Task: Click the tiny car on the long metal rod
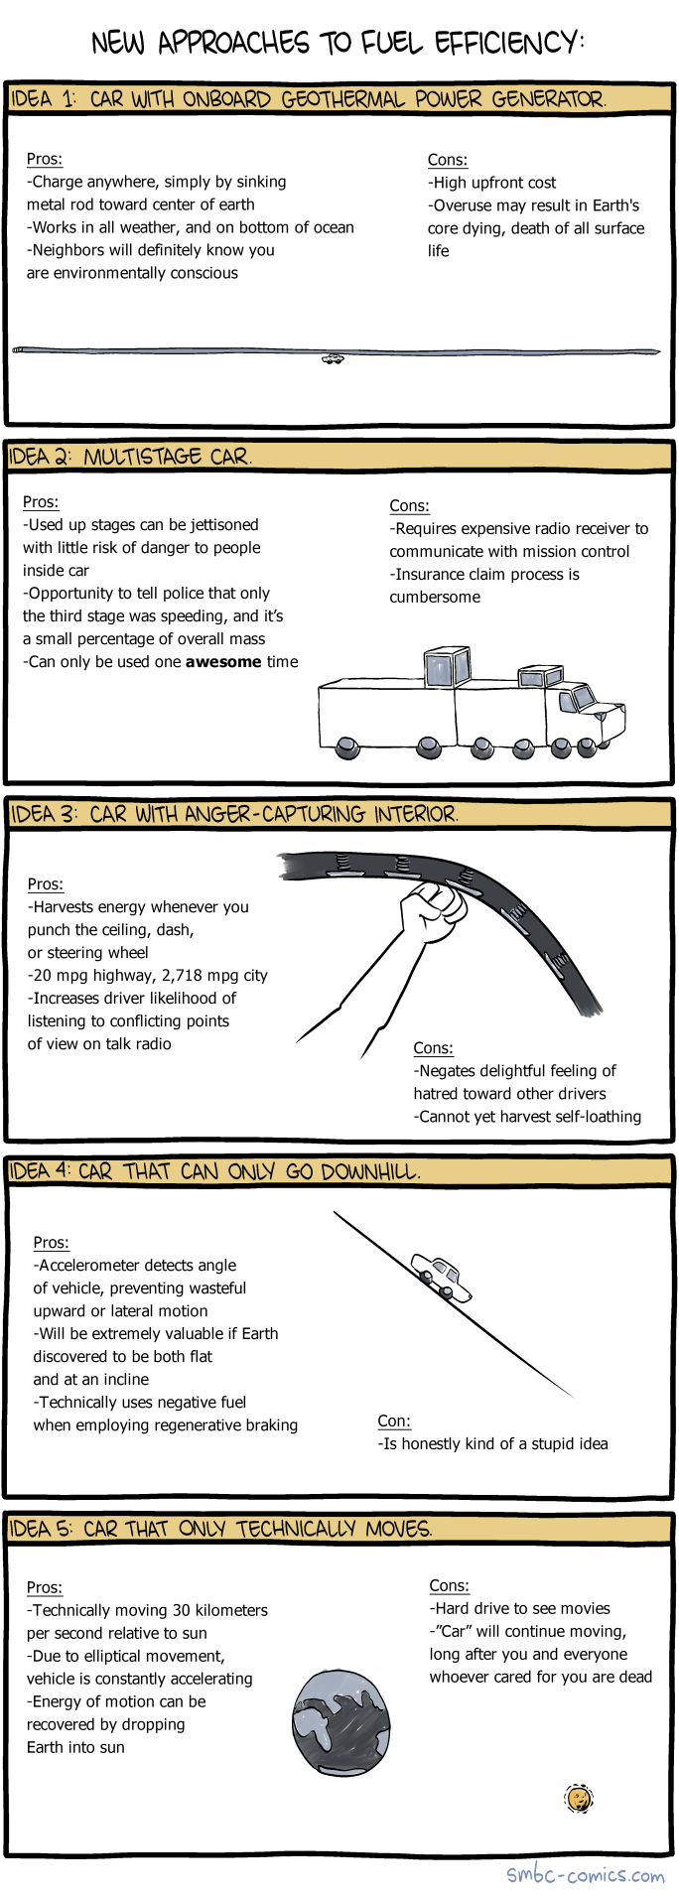coord(333,358)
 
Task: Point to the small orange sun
coord(578,1798)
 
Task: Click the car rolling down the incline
coord(442,1277)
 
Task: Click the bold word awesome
coord(223,662)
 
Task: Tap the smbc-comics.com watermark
coord(585,1874)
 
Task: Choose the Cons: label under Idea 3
coord(433,1048)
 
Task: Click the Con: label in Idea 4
coord(394,1421)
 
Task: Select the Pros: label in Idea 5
coord(45,1587)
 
